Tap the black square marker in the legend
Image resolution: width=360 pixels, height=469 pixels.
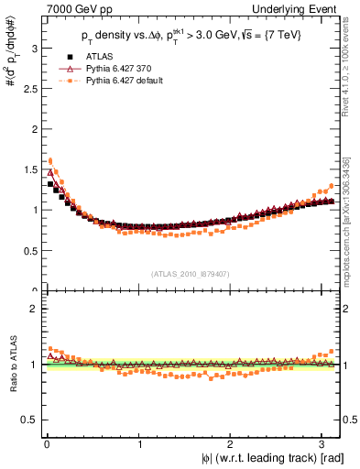tap(71, 56)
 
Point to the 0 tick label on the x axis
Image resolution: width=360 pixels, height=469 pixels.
tap(46, 443)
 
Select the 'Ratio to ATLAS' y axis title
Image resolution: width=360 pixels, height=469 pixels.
tap(10, 365)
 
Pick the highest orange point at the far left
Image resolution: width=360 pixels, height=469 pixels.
tap(50, 160)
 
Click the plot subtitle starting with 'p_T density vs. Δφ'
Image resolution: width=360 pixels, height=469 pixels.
tap(191, 38)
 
